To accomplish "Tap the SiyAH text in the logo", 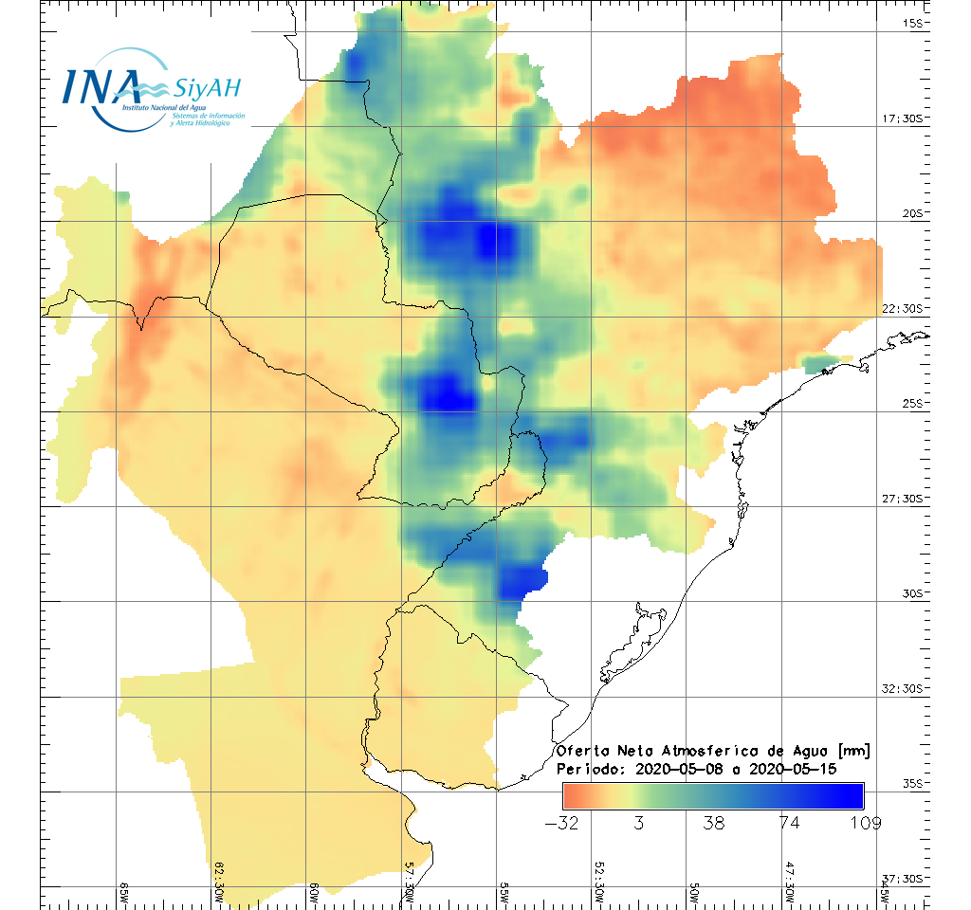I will coord(208,88).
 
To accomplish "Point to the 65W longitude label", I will coord(124,894).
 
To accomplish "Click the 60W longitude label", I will coord(314,894).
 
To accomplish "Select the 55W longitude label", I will coord(504,894).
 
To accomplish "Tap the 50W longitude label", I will coord(693,894).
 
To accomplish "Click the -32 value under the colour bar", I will coord(561,823).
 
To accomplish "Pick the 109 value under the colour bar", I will coord(865,823).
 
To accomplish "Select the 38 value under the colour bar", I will coord(713,823).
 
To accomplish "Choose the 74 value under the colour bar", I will coord(789,823).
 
